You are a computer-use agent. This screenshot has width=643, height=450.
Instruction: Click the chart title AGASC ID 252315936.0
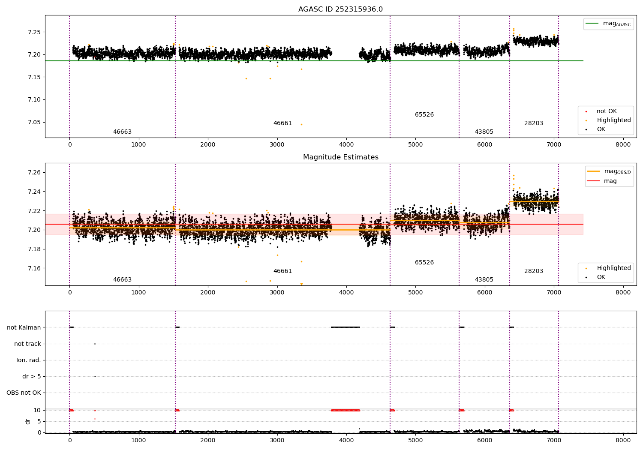click(340, 9)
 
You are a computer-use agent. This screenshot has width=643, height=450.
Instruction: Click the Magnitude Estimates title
click(340, 157)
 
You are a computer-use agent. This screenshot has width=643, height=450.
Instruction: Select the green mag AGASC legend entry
click(608, 24)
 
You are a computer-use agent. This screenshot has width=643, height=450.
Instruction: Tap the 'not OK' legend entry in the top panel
click(606, 111)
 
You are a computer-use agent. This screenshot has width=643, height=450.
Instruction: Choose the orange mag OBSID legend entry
click(609, 171)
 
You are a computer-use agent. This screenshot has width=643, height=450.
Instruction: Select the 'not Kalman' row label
click(24, 327)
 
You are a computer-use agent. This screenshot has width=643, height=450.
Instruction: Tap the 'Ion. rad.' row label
click(28, 360)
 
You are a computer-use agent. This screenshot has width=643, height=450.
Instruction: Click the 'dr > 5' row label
click(31, 376)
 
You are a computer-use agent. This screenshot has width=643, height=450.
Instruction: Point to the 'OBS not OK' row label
click(24, 393)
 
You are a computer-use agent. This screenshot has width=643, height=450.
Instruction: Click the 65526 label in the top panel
click(424, 115)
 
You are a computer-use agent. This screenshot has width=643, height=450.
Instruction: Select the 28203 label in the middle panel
click(533, 271)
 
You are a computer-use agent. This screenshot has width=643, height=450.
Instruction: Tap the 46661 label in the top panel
click(282, 123)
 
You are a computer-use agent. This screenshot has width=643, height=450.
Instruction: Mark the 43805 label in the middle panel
click(484, 280)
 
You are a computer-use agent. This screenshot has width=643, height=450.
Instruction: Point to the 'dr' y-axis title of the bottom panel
click(28, 421)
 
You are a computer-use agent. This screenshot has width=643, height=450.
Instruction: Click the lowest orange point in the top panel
click(301, 124)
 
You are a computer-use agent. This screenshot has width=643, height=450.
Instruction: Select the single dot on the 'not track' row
click(95, 344)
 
